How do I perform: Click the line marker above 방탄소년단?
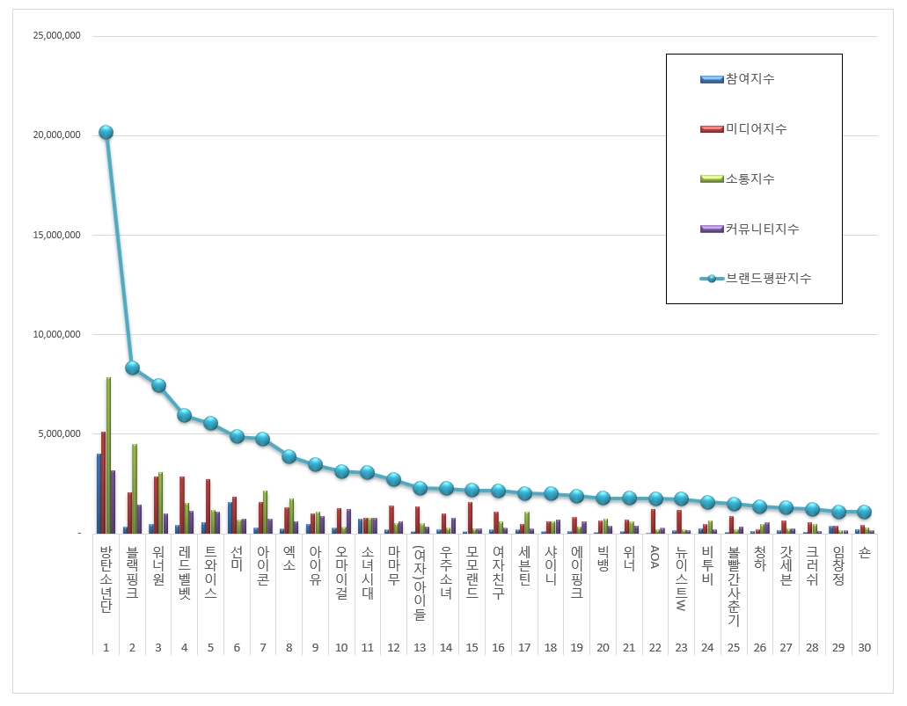(x=106, y=132)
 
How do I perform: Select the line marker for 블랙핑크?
(x=132, y=368)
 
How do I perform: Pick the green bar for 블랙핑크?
(x=135, y=488)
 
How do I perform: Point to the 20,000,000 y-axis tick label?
(x=55, y=135)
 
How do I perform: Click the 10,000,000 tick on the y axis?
(x=55, y=334)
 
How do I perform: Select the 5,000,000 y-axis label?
(x=58, y=433)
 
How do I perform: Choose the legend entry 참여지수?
(x=750, y=79)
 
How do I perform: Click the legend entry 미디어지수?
(x=756, y=129)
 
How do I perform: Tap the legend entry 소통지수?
(x=750, y=179)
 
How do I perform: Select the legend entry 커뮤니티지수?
(x=762, y=229)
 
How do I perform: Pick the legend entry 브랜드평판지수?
(x=768, y=279)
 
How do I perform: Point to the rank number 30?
(x=864, y=648)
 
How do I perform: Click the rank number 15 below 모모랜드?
(x=472, y=648)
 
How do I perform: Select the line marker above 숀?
(x=864, y=512)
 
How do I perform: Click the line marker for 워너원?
(x=158, y=385)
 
